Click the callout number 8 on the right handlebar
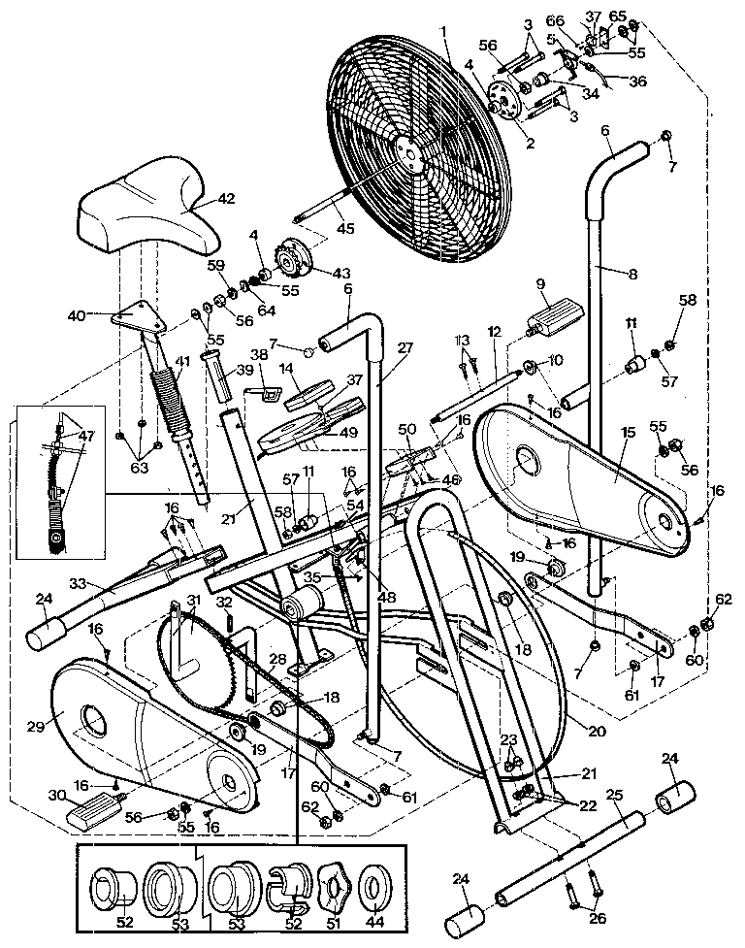click(632, 275)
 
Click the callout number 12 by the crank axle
click(495, 332)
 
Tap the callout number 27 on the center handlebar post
click(405, 347)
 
